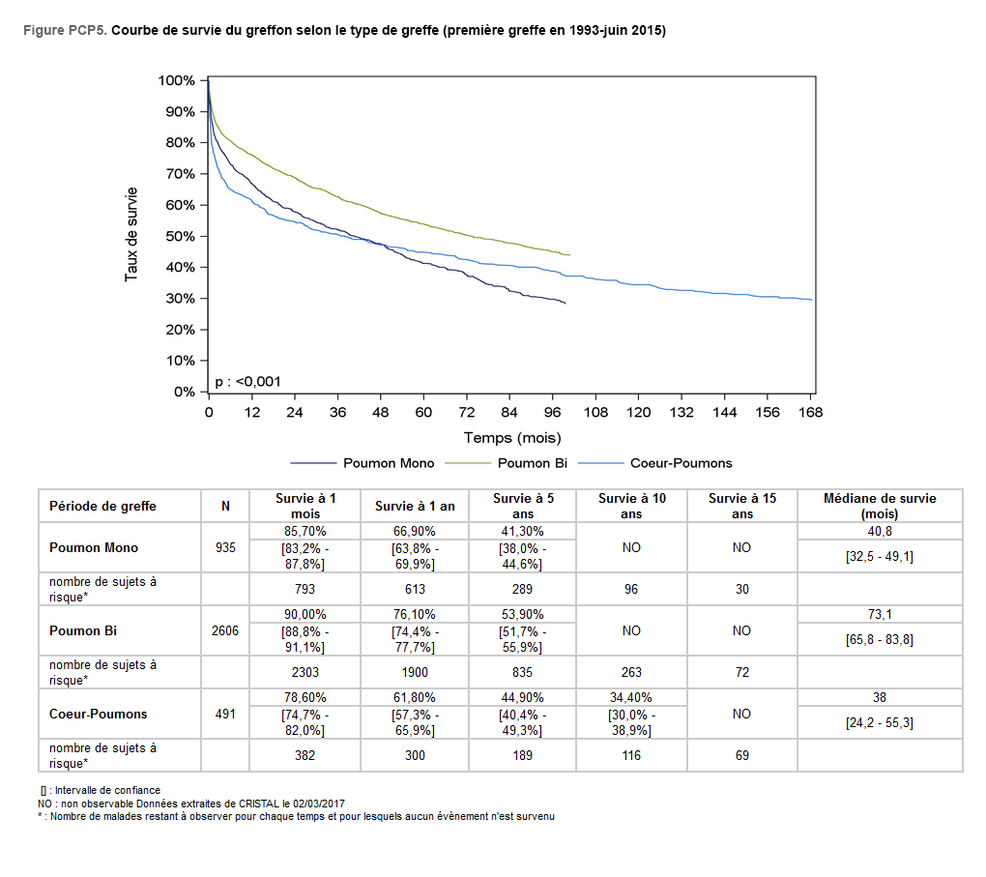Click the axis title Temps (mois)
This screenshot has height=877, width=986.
(511, 438)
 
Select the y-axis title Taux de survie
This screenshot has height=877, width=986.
(130, 235)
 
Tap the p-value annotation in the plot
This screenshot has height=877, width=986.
(247, 381)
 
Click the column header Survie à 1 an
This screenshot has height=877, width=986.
(415, 506)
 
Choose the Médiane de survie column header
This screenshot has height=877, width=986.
(879, 506)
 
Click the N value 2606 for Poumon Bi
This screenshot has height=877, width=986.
(225, 630)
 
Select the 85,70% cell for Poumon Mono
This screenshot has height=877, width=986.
(305, 531)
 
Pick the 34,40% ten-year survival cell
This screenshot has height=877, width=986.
(631, 697)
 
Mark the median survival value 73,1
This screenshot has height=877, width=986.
(880, 614)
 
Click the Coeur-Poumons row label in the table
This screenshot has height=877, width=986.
(99, 714)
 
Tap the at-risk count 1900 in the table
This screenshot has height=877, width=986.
(415, 672)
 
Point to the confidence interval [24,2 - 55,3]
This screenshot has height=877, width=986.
(880, 722)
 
